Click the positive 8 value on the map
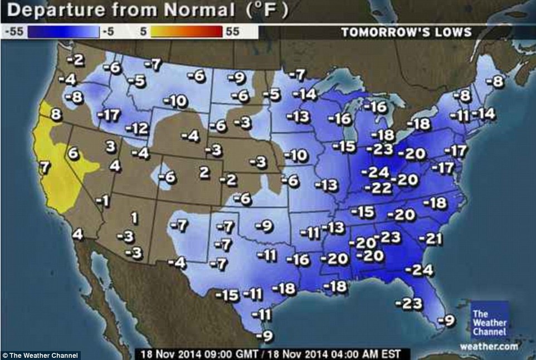(x=55, y=115)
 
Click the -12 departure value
(x=137, y=129)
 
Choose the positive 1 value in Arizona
(x=134, y=217)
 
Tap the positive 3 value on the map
(x=110, y=146)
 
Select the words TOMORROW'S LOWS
(x=407, y=32)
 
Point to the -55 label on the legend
(x=13, y=32)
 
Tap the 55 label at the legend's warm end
(x=232, y=32)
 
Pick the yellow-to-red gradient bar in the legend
(x=187, y=32)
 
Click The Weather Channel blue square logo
(x=489, y=320)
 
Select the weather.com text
(x=489, y=346)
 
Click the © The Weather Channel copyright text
(x=40, y=355)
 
